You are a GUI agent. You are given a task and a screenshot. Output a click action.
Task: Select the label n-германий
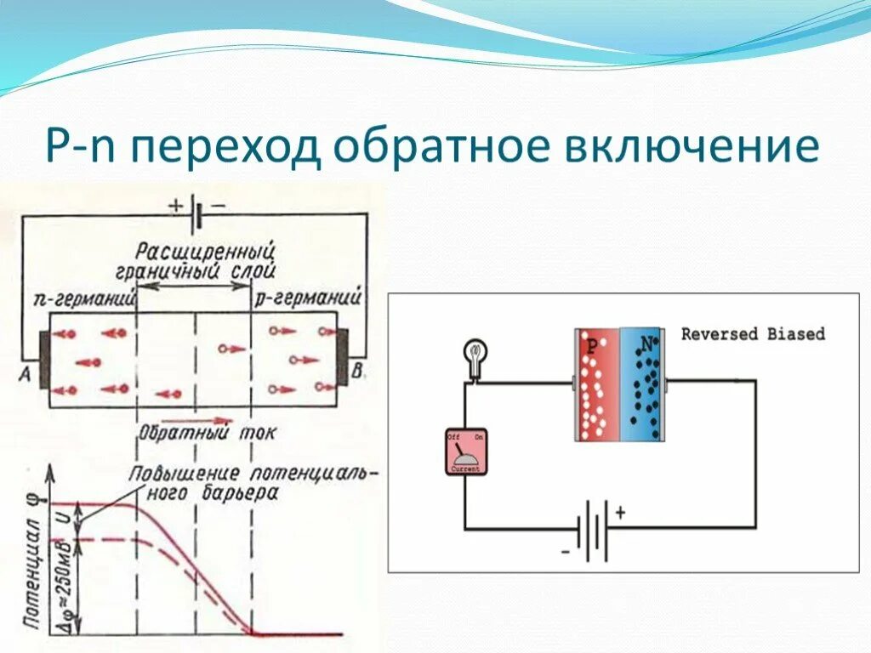(84, 298)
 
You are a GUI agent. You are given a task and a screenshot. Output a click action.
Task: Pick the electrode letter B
(357, 370)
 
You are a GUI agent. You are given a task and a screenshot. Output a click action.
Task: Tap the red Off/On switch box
(466, 451)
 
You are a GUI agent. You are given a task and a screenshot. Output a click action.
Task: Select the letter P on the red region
(593, 346)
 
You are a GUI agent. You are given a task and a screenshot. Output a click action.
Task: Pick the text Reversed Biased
(753, 333)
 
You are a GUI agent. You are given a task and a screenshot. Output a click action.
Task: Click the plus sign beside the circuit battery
(620, 512)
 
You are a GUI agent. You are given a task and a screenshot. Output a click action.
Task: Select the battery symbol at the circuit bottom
(592, 530)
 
